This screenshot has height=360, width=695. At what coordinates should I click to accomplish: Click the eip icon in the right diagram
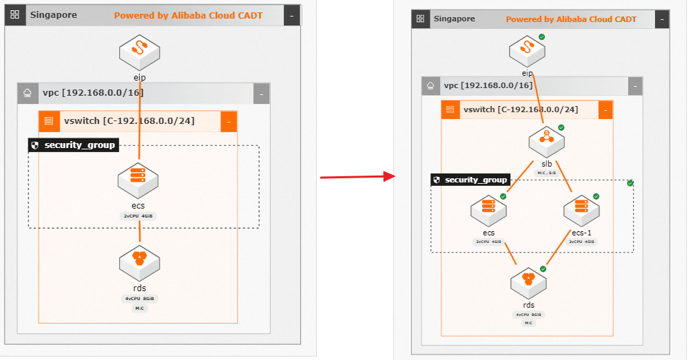pyautogui.click(x=527, y=50)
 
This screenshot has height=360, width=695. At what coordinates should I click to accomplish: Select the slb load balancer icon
pyautogui.click(x=546, y=141)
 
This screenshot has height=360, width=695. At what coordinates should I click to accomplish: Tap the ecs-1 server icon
pyautogui.click(x=581, y=211)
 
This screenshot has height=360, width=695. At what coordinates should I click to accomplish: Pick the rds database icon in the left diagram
pyautogui.click(x=139, y=261)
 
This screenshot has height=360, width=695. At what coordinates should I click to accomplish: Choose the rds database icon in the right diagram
pyautogui.click(x=528, y=282)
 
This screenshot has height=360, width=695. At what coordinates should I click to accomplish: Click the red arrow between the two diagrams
pyautogui.click(x=357, y=177)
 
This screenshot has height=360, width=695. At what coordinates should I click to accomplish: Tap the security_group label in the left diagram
pyautogui.click(x=73, y=145)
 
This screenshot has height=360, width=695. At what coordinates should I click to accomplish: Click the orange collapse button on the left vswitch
pyautogui.click(x=229, y=121)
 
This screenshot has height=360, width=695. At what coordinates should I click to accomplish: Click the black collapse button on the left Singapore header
pyautogui.click(x=292, y=15)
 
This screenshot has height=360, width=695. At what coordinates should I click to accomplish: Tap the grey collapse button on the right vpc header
pyautogui.click(x=634, y=85)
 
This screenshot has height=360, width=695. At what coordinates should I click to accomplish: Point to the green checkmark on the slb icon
pyautogui.click(x=561, y=127)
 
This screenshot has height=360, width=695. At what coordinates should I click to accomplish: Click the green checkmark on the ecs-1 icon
pyautogui.click(x=597, y=196)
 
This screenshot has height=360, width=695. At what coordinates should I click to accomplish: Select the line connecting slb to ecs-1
pyautogui.click(x=564, y=176)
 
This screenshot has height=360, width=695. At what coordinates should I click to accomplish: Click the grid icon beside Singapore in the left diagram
pyautogui.click(x=15, y=15)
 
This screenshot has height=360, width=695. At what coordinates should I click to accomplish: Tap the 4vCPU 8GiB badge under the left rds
pyautogui.click(x=139, y=299)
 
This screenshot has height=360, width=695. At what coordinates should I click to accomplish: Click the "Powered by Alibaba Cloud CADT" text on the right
pyautogui.click(x=571, y=19)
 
